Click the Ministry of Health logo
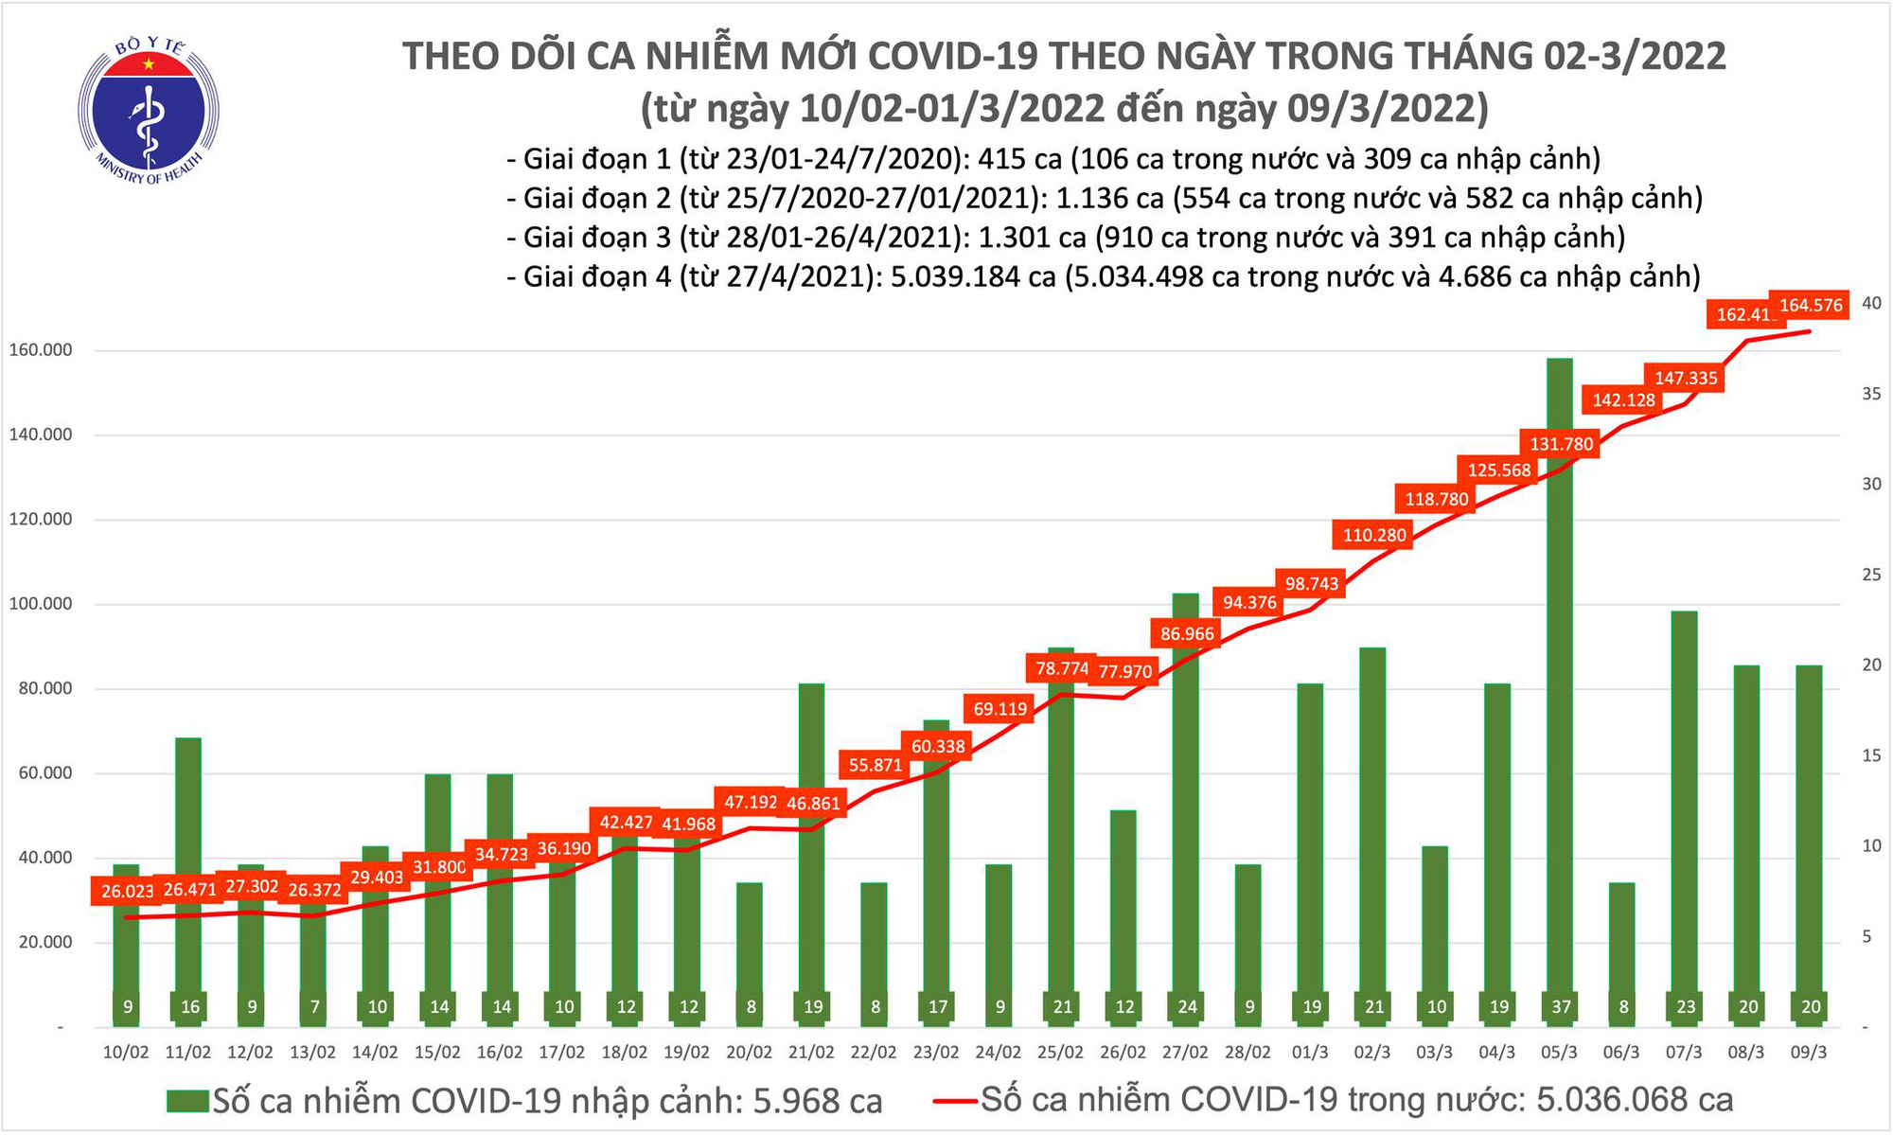point(149,110)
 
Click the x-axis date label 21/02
point(811,1053)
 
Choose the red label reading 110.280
point(1374,535)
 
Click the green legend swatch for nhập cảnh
point(187,1101)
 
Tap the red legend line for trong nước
point(955,1101)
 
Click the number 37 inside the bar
point(1561,1007)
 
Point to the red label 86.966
point(1187,633)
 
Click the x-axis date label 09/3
point(1810,1053)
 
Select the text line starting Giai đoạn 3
point(1066,237)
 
